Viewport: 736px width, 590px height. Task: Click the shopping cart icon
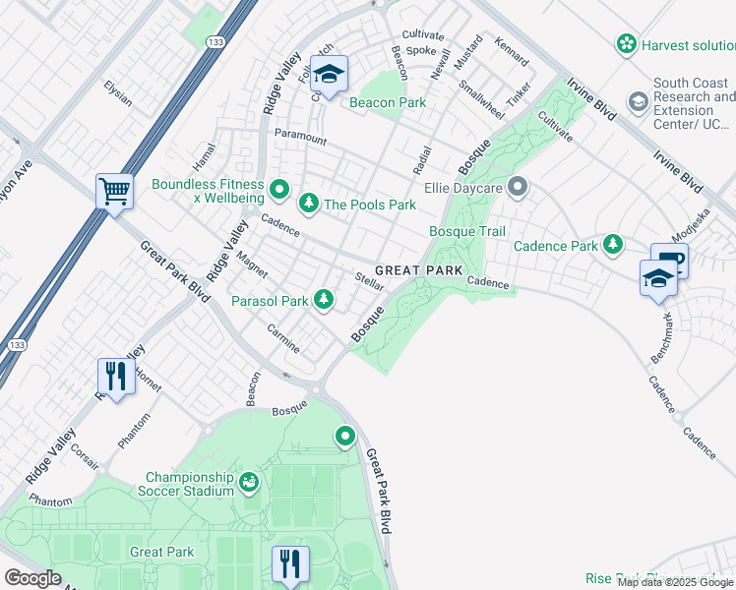[x=115, y=191]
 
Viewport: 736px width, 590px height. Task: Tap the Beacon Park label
[x=388, y=102]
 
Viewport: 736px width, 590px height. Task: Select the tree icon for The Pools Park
[x=309, y=204]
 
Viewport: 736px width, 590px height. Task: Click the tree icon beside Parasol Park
[x=323, y=300]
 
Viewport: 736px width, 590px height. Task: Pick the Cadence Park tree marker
[x=613, y=243]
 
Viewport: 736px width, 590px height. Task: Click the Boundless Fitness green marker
[x=279, y=187]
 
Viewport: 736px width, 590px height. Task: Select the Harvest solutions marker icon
[x=625, y=44]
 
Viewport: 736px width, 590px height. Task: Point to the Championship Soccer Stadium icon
[x=249, y=482]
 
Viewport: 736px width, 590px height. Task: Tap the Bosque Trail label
[x=466, y=231]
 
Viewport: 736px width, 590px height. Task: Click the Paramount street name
[x=300, y=138]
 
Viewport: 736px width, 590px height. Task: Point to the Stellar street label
[x=368, y=280]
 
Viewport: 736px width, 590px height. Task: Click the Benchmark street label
[x=667, y=334]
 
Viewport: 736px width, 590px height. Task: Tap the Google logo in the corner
[x=32, y=577]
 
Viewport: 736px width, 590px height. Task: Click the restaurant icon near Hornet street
[x=115, y=376]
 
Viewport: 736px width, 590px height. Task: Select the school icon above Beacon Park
[x=329, y=74]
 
